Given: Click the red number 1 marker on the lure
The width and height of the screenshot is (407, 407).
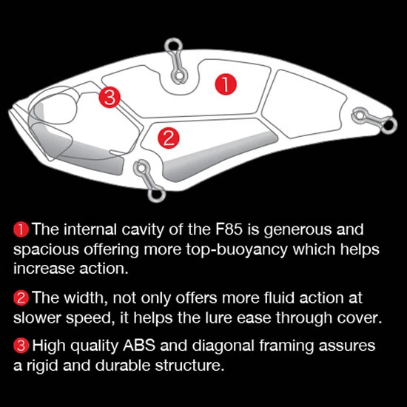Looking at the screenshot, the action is coord(226,84).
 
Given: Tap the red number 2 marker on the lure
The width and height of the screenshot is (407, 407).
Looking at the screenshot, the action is coord(169,138).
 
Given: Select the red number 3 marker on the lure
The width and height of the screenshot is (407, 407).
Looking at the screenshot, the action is coord(110,98).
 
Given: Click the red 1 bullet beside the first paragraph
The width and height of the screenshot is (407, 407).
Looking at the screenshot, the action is coord(21,229).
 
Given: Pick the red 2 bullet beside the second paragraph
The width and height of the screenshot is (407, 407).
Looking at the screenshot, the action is coord(21,298).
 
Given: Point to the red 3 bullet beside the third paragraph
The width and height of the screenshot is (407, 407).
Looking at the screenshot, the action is coord(21,346).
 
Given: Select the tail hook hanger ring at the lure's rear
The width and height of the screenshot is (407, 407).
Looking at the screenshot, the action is coord(388,126).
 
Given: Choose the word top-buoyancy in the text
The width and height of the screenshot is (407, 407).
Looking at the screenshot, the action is coord(237,250).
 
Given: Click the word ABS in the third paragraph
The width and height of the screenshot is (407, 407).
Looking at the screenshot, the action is coord(139,346).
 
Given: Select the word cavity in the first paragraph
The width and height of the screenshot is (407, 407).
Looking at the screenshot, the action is coord(143,230).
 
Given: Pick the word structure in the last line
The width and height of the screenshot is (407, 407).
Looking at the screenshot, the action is coord(189,366).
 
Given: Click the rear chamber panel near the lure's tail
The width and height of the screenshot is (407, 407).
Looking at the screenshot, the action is coord(303,104).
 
